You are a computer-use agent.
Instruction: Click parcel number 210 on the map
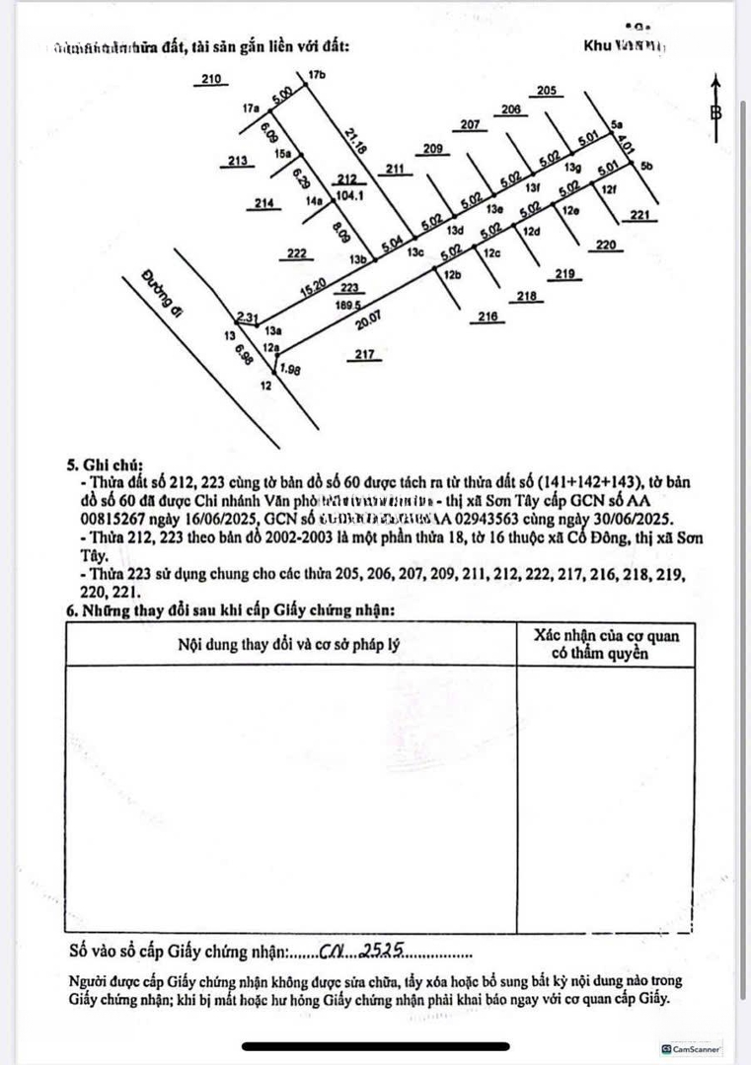pos(210,79)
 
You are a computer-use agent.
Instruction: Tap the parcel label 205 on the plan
pos(548,91)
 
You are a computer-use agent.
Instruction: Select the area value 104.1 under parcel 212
pos(346,196)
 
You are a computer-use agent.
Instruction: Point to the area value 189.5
pos(347,306)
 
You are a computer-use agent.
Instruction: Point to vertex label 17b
pos(316,75)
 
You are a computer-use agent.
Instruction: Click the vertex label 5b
pos(645,167)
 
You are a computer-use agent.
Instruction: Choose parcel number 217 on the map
pos(364,355)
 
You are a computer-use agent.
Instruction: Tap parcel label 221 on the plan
pos(640,216)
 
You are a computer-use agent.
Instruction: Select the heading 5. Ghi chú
pos(105,462)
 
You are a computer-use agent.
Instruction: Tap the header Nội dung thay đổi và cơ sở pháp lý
pos(289,645)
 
